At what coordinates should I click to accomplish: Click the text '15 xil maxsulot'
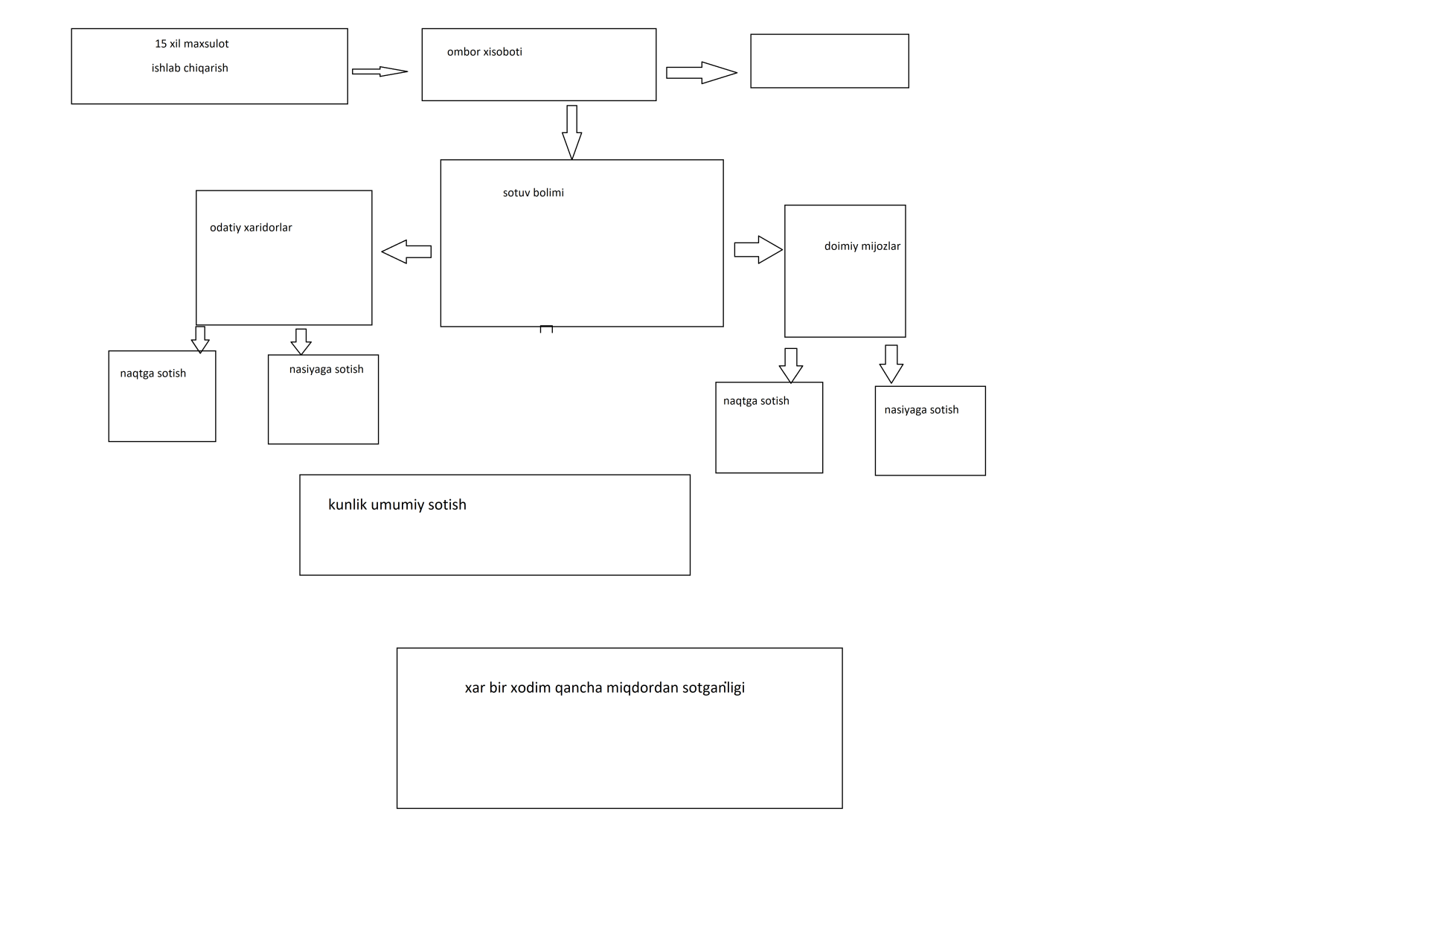[192, 44]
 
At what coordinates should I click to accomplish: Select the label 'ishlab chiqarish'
[190, 68]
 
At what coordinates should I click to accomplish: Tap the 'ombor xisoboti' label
[484, 52]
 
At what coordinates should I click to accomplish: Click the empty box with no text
[830, 61]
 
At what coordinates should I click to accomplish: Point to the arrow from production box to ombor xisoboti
[379, 71]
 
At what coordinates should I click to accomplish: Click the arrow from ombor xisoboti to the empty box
[702, 73]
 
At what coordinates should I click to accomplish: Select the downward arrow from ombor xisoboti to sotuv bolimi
[571, 132]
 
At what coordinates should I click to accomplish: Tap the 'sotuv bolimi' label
[534, 193]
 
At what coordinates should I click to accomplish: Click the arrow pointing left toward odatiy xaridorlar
[406, 251]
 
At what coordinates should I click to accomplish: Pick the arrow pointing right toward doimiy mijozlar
[758, 250]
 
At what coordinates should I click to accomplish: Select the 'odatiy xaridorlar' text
[251, 228]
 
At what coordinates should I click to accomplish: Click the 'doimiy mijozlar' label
[862, 246]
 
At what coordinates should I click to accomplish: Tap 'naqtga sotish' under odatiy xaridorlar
[153, 374]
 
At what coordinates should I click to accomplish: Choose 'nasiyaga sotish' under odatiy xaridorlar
[327, 370]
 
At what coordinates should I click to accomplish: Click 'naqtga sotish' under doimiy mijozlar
[756, 401]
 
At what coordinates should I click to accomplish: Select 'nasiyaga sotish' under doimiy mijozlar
[921, 410]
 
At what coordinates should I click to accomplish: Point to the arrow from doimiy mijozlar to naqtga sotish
[790, 365]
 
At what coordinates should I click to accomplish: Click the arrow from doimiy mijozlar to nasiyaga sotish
[891, 364]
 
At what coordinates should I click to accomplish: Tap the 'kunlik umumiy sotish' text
[397, 505]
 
